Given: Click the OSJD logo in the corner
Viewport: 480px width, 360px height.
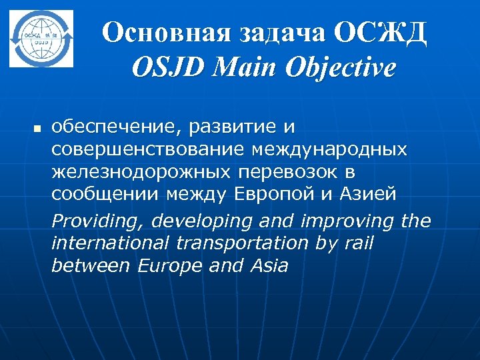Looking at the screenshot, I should pos(41,38).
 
